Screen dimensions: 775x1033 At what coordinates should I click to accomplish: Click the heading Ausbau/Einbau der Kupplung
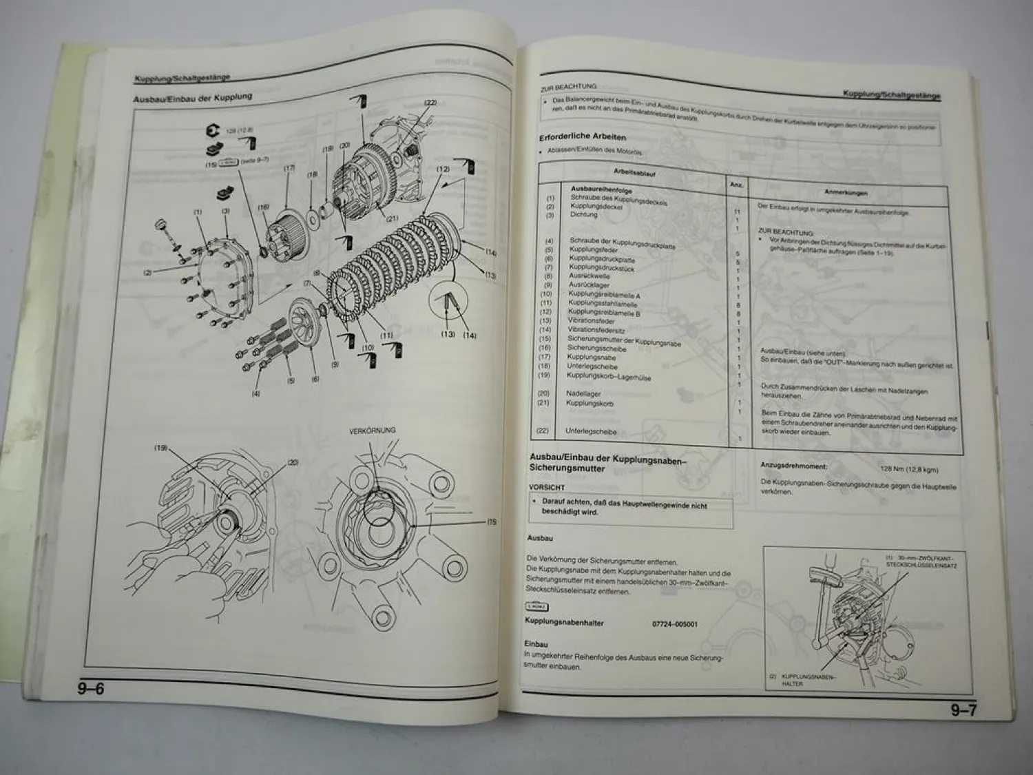tap(193, 97)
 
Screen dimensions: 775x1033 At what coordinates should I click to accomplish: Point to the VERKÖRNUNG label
tap(372, 431)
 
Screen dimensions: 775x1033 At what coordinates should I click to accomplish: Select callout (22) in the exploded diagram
tap(430, 103)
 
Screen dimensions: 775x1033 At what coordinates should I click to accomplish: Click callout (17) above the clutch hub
tap(289, 167)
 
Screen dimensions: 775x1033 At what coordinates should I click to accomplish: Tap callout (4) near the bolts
tap(256, 395)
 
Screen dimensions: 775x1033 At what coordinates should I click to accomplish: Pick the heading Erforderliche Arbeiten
tap(582, 136)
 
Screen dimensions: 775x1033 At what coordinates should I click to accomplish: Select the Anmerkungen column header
tap(846, 193)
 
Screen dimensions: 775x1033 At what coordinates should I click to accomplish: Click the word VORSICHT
tap(547, 486)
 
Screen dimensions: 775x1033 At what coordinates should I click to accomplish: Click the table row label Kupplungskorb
tap(589, 403)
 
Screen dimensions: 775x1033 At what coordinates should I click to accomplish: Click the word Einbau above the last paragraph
tap(536, 644)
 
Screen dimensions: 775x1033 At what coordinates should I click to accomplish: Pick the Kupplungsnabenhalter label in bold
tap(564, 623)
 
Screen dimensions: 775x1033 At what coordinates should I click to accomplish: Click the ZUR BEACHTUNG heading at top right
tap(568, 87)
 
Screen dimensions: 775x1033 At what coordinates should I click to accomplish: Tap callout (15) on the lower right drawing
tap(492, 522)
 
